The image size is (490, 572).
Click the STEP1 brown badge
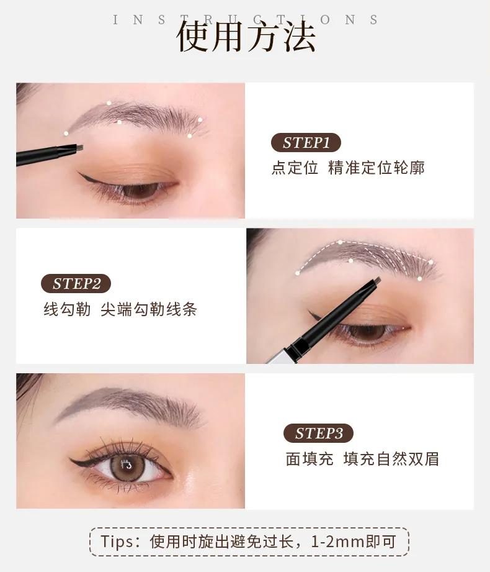click(x=306, y=143)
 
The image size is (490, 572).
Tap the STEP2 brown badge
click(x=76, y=283)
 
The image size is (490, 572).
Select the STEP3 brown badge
click(x=318, y=434)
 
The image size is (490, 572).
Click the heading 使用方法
click(x=246, y=37)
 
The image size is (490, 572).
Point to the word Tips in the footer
click(x=115, y=542)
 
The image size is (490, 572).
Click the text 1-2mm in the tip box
click(x=337, y=542)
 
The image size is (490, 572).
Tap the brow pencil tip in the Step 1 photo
click(x=79, y=148)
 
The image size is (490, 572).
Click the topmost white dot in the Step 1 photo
click(x=109, y=103)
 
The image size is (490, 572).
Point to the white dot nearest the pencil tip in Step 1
click(x=66, y=134)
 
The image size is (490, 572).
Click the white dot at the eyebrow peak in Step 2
click(x=340, y=242)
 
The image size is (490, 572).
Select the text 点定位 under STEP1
click(x=295, y=168)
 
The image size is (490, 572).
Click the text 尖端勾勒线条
click(x=149, y=309)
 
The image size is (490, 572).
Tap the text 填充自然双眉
click(x=391, y=459)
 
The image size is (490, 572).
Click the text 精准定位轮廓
click(x=376, y=168)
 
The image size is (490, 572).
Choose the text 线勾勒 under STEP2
click(x=67, y=309)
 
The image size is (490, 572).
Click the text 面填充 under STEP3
click(x=310, y=459)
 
